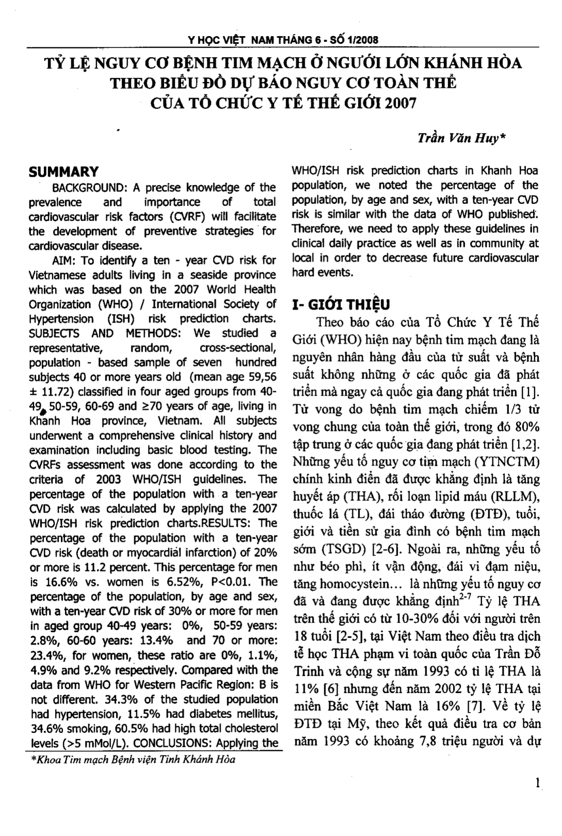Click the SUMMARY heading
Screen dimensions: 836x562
63,172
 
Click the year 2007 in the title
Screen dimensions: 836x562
398,102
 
